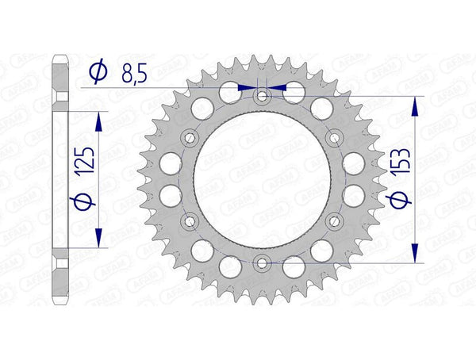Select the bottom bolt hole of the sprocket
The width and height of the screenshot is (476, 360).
263,261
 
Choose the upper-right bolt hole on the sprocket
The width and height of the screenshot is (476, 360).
333,138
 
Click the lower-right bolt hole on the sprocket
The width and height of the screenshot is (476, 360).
333,220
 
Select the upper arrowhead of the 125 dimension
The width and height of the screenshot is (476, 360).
98,118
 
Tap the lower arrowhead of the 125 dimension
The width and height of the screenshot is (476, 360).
98,240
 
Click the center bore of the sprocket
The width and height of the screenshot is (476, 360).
263,179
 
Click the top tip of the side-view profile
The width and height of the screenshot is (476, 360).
59,56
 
